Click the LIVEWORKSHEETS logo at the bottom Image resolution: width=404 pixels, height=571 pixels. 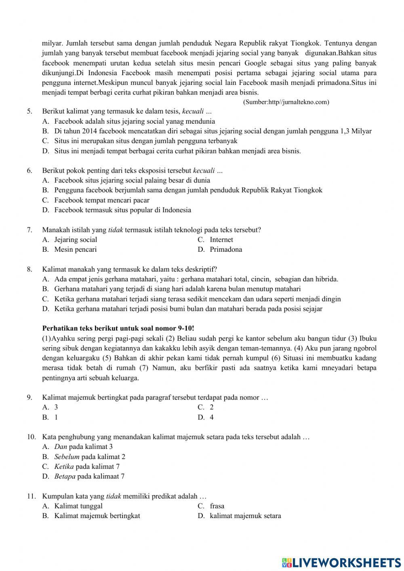tap(341, 562)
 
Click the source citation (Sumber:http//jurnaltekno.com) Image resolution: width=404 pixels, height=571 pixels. tap(286, 102)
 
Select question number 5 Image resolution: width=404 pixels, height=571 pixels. tap(29, 111)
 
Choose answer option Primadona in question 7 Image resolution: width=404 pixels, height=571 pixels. tap(226, 249)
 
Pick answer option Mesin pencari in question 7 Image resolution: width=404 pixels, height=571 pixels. tap(76, 249)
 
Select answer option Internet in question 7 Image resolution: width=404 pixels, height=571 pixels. tap(221, 240)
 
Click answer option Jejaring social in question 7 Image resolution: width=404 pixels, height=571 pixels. tap(76, 240)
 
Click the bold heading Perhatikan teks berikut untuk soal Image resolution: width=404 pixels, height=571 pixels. tap(121, 329)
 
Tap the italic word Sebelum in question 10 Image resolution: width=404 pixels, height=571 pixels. tap(67, 457)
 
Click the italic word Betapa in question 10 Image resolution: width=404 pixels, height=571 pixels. tap(65, 476)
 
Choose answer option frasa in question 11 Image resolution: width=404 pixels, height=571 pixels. tap(217, 506)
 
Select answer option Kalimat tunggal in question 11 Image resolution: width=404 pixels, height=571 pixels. tap(78, 506)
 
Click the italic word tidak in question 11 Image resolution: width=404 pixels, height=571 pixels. tap(114, 496)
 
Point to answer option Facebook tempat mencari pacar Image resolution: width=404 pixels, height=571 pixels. tap(102, 200)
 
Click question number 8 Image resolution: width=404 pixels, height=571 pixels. tap(29, 269)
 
